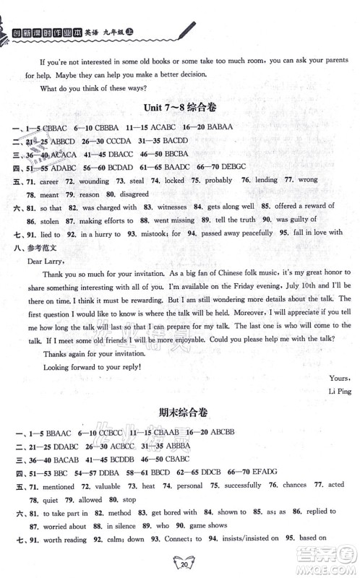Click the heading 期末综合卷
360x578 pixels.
pyautogui.click(x=180, y=414)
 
